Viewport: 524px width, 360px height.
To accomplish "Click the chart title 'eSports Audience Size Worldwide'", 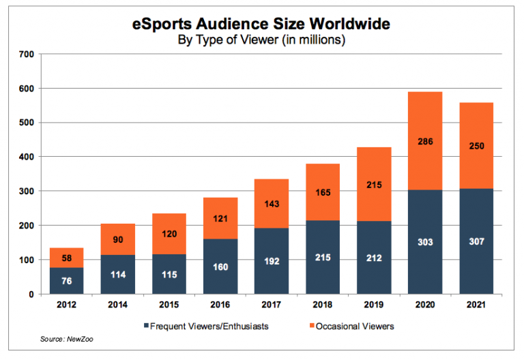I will click(x=261, y=25).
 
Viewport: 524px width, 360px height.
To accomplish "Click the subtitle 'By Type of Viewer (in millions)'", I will click(x=261, y=41).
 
